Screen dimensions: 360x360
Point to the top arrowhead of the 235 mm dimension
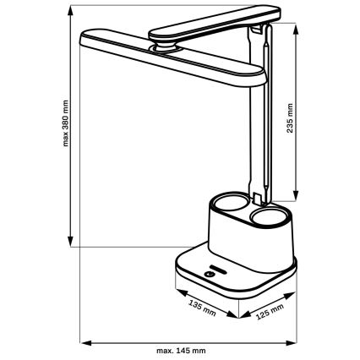tap(297, 25)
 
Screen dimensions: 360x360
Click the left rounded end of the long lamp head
tap(85, 37)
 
